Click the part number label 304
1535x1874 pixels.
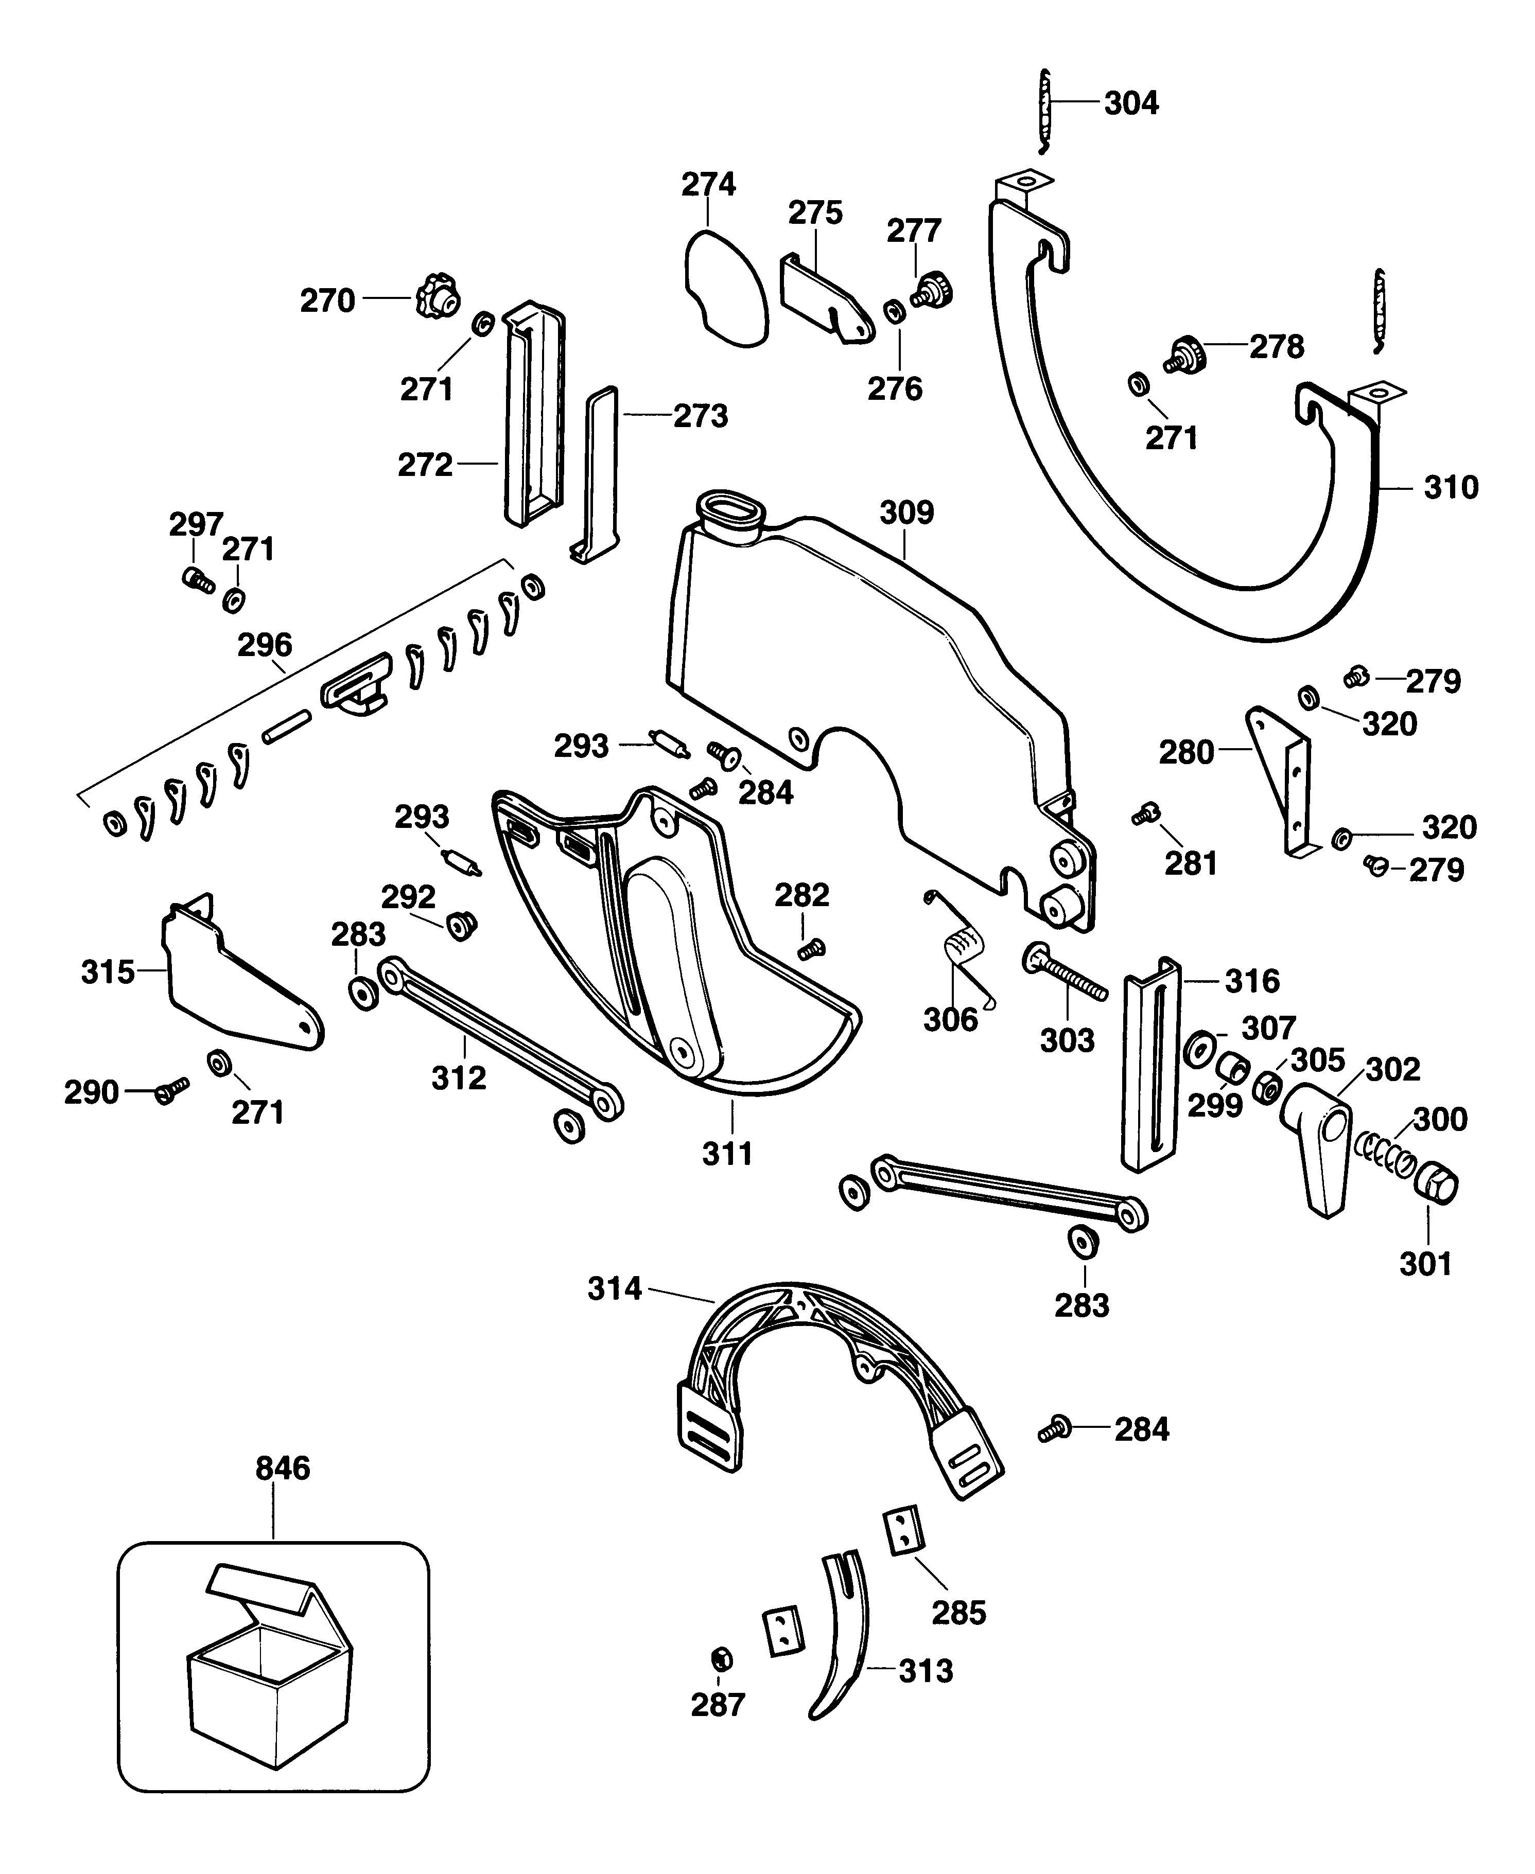[1131, 103]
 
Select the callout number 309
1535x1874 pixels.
[906, 512]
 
